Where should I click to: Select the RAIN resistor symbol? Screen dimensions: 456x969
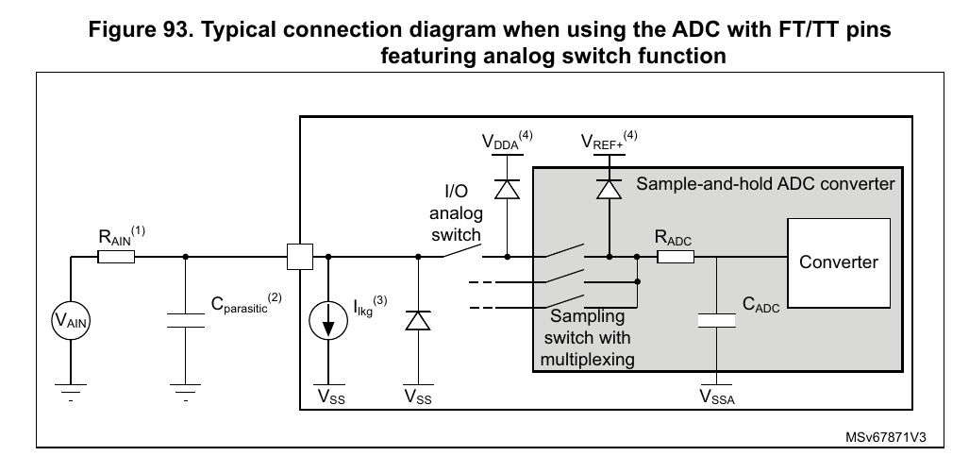[x=116, y=256]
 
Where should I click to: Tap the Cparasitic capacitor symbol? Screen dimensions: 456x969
[x=185, y=322]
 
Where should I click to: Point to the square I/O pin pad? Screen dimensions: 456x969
[x=299, y=256]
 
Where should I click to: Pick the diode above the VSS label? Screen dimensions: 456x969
[x=417, y=322]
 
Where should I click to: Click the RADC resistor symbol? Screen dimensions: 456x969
[x=676, y=256]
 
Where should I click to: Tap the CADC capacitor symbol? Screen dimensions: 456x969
[x=717, y=322]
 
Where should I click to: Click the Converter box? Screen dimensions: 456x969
[x=838, y=262]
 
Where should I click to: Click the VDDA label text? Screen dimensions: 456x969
[x=502, y=144]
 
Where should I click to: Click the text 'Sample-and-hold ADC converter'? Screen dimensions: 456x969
[x=764, y=183]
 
